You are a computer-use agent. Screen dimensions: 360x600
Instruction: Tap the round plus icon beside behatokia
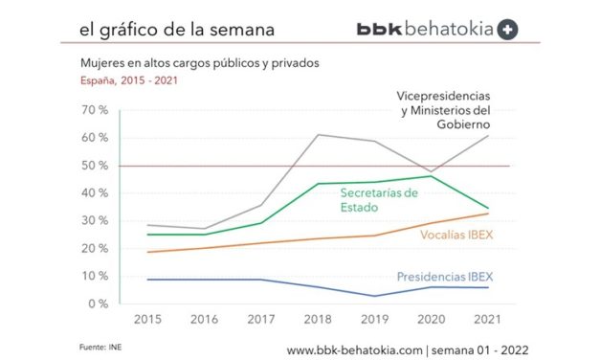(509, 29)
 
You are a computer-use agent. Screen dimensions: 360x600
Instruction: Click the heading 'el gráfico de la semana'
(177, 30)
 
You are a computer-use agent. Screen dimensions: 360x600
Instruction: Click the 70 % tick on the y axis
(96, 110)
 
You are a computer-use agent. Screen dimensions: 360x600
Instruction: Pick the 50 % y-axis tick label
(96, 166)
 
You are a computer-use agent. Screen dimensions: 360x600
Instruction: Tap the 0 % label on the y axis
(100, 304)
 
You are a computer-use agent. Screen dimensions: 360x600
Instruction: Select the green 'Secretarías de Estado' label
(379, 201)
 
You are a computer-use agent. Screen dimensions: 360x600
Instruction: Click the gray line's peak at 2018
(317, 135)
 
